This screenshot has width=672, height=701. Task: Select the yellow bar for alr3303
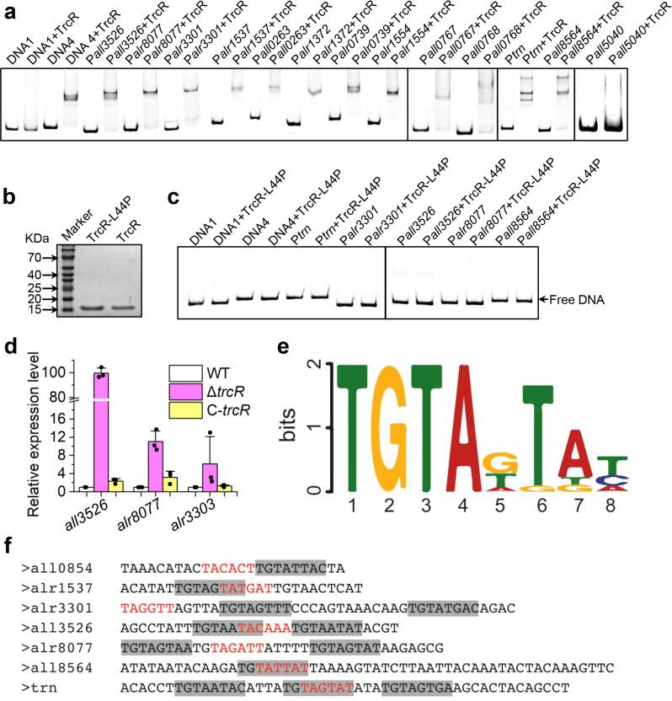tap(224, 487)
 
